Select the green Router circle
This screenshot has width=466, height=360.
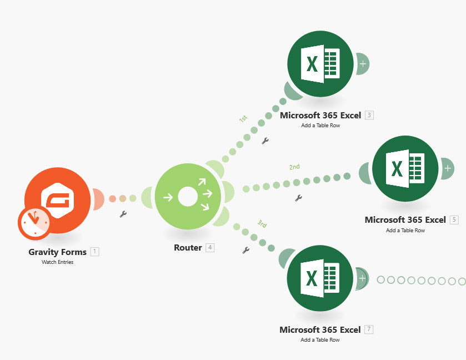pos(188,196)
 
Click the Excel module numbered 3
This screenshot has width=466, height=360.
pos(320,63)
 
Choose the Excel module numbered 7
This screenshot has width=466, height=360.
pos(320,278)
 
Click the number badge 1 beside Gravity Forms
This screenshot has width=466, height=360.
pos(95,252)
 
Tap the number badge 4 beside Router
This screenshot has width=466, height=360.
pos(210,248)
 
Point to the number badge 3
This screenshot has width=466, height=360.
pos(369,116)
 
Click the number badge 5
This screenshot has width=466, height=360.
pos(454,219)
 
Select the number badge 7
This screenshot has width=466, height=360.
pos(369,329)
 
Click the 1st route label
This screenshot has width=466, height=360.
pos(243,119)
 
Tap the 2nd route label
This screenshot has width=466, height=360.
pos(294,167)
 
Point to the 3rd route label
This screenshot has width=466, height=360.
pos(262,224)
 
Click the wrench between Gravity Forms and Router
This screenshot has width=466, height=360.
pos(123,214)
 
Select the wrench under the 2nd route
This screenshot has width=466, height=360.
pos(298,198)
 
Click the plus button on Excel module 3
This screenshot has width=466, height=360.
pos(363,64)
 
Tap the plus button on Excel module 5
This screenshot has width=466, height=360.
pos(448,167)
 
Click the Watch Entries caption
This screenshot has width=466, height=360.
pos(57,262)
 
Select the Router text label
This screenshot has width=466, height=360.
pos(188,248)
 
